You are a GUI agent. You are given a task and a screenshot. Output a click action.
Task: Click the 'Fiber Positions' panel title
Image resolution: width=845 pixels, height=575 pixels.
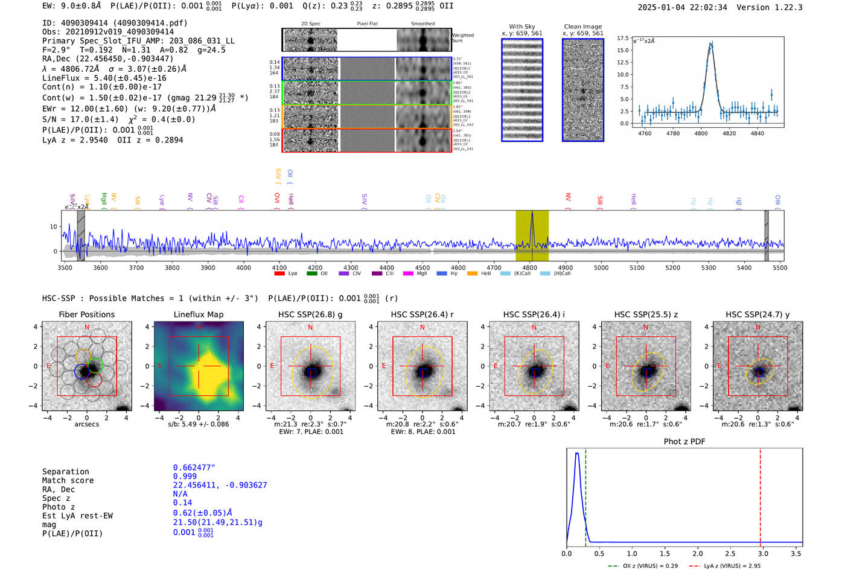pos(86,314)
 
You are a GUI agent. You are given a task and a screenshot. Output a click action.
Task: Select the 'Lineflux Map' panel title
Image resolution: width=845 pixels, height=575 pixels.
pos(198,314)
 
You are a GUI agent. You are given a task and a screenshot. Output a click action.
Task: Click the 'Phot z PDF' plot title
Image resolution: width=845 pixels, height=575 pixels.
pos(684,442)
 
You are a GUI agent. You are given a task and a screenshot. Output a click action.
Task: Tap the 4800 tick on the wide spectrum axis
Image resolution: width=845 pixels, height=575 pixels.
pos(529,268)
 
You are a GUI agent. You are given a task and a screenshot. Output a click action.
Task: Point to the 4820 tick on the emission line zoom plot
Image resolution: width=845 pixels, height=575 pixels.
pos(729,133)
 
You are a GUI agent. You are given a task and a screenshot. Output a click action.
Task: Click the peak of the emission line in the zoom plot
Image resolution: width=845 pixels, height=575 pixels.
pos(712,43)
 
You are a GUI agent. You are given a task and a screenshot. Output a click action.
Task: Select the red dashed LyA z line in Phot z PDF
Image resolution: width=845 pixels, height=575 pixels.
pos(760,495)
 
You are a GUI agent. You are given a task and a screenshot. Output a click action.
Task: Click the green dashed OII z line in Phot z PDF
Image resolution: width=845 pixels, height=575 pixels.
pos(585,495)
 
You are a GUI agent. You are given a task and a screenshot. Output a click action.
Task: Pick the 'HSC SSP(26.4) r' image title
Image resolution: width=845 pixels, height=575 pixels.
pos(422,314)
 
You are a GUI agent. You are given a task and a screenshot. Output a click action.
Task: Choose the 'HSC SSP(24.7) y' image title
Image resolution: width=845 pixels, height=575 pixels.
pos(757,314)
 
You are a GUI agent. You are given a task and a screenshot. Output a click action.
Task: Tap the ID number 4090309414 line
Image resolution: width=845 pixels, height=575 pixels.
pos(115,23)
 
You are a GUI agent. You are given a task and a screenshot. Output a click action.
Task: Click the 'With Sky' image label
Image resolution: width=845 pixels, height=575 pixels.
pos(521,27)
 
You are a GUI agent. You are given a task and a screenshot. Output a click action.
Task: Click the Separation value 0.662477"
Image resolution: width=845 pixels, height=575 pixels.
pos(194,468)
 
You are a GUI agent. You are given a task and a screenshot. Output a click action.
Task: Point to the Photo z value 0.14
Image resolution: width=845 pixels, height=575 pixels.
pos(182,503)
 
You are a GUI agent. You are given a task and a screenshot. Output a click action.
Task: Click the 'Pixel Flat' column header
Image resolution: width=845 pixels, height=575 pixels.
pos(367,24)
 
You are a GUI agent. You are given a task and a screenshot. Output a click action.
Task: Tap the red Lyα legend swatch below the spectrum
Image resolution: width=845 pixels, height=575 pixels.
pos(279,273)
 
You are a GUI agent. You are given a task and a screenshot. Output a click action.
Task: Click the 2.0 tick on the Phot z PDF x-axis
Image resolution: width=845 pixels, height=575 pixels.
pos(697,553)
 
